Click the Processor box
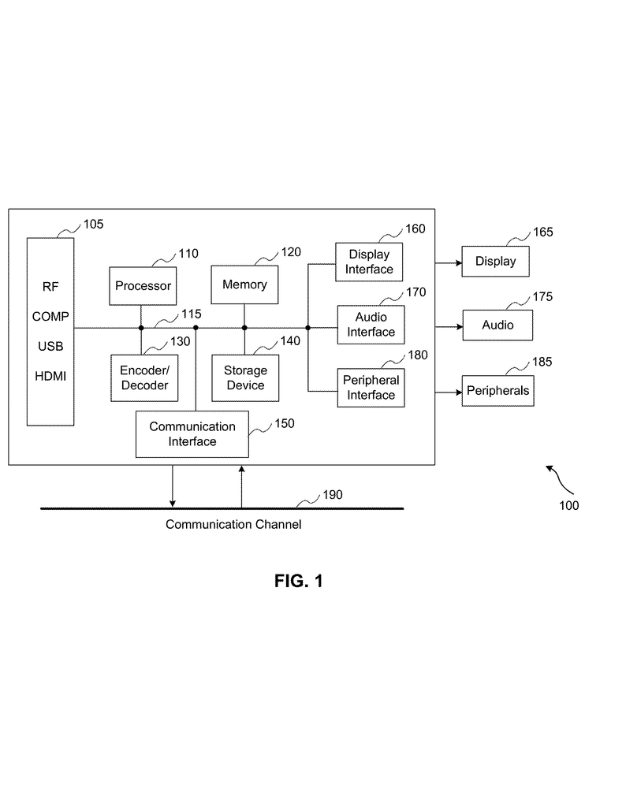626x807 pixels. point(143,285)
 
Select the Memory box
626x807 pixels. point(244,284)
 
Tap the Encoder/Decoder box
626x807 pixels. point(144,377)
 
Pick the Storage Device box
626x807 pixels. point(244,377)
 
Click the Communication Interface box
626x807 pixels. point(192,434)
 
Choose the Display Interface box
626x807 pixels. point(370,262)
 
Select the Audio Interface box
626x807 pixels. point(371,325)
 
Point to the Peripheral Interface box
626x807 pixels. point(371,387)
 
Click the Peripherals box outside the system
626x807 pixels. point(497,390)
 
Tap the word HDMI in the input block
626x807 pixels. point(50,376)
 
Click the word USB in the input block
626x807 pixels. point(50,346)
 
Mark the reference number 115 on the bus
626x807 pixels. point(191,314)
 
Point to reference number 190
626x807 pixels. point(333,496)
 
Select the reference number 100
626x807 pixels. point(568,505)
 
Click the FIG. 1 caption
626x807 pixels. point(299,582)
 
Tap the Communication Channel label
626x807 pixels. point(233,524)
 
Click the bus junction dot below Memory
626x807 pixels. point(244,327)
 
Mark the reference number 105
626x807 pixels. point(93,225)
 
